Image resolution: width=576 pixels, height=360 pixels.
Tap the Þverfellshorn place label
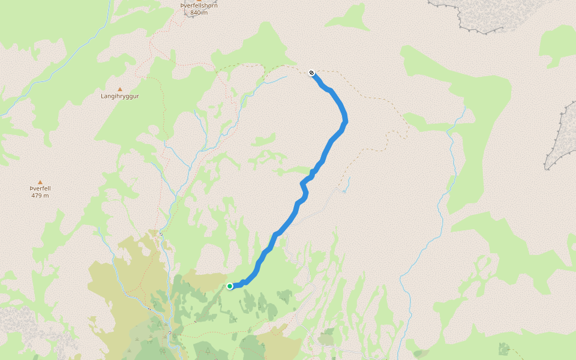(199, 6)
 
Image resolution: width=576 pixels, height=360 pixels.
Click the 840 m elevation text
(199, 13)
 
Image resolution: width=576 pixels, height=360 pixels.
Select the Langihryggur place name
(119, 96)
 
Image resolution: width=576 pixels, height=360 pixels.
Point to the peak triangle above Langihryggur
(119, 88)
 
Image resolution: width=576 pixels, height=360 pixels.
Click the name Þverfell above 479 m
(40, 188)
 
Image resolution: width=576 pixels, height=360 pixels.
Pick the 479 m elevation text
(40, 196)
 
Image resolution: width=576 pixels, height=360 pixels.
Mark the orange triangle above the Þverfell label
(40, 182)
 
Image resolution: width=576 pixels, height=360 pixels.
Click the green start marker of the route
(230, 286)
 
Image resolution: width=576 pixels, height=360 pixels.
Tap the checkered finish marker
(312, 73)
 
